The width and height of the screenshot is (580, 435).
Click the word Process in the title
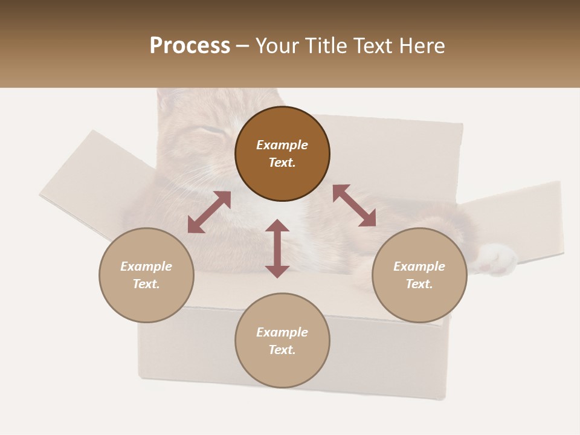tap(190, 46)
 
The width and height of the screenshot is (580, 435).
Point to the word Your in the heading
tap(277, 46)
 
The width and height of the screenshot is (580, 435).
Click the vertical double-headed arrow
tap(277, 248)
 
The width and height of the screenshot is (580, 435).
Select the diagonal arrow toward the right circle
tap(354, 205)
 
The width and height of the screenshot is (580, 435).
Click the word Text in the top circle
tap(282, 163)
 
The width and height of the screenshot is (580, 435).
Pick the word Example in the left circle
tap(146, 266)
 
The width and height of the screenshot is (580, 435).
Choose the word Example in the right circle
tap(419, 266)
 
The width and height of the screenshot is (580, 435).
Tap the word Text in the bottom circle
tap(282, 350)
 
